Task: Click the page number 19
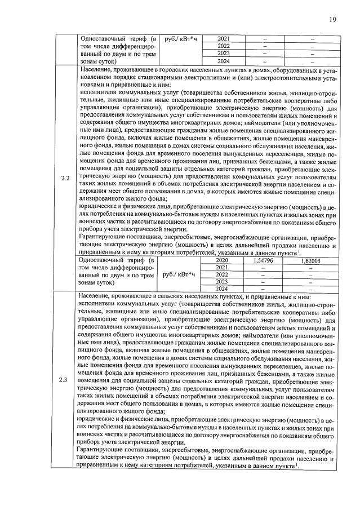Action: (332, 20)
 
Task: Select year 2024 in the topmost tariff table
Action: (223, 61)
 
